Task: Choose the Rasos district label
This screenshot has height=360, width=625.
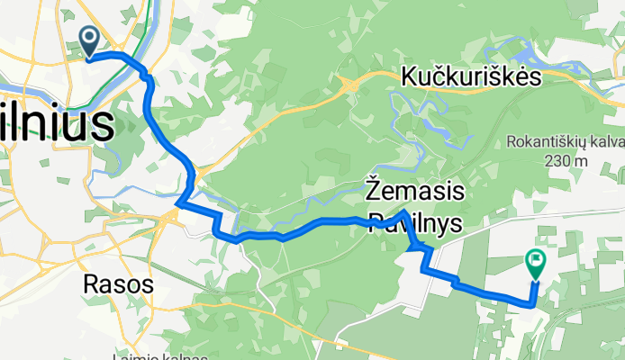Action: click(x=117, y=284)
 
